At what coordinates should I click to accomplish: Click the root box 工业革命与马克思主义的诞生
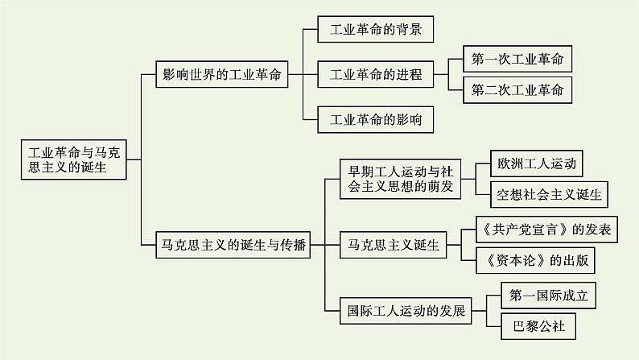point(73,159)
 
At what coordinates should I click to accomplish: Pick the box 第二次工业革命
point(518,89)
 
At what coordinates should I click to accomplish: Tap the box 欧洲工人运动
point(537,163)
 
